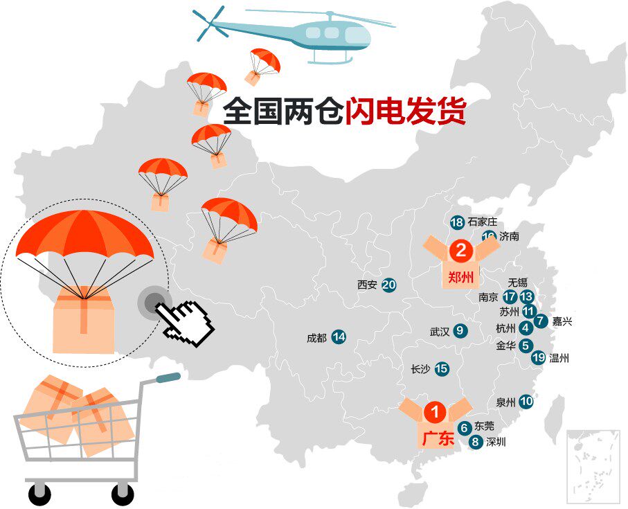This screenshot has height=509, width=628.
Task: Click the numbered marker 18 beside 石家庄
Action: coord(457,222)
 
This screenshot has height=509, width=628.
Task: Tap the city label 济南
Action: coord(510,236)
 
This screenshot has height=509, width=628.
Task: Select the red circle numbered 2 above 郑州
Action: coord(461,251)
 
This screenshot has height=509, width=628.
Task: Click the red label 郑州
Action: coord(460,277)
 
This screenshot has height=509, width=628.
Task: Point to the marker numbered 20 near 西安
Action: coord(388,285)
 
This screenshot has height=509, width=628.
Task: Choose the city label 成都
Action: coord(317,338)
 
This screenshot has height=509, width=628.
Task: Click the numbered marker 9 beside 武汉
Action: coord(460,331)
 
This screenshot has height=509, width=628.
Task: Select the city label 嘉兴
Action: coord(562,321)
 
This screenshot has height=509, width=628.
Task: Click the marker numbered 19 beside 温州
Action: coord(539,357)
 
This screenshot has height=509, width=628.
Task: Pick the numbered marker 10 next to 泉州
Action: coord(526,401)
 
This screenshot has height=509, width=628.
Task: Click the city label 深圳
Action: coord(496,442)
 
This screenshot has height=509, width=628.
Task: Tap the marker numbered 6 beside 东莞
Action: coord(464,428)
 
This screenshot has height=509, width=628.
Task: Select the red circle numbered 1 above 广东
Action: coord(436,411)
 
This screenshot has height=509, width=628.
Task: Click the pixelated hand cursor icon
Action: coord(185,323)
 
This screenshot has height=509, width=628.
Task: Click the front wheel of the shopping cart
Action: coord(123,494)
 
